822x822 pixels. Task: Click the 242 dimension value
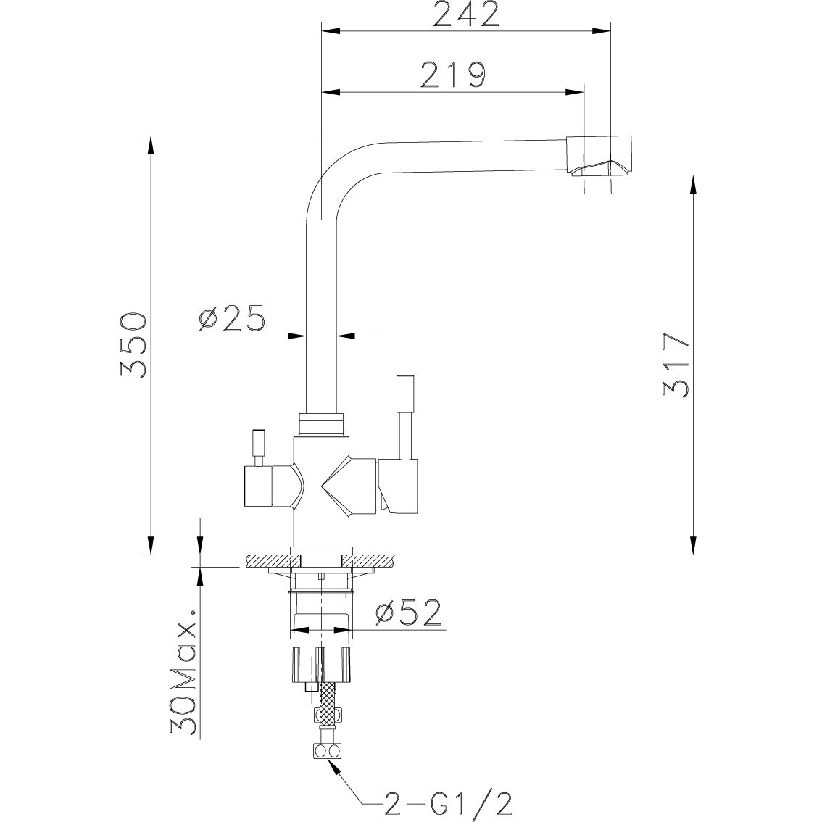point(465,14)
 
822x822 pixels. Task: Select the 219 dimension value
point(452,74)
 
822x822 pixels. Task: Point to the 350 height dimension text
point(135,346)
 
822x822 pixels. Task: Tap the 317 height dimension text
point(675,365)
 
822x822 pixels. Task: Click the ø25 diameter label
point(231,319)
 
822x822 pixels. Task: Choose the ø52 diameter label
point(408,615)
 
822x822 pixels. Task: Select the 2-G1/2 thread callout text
point(449,803)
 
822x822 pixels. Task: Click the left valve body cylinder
point(257,486)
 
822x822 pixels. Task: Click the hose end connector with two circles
point(326,752)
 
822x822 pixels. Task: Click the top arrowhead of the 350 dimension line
point(151,145)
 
